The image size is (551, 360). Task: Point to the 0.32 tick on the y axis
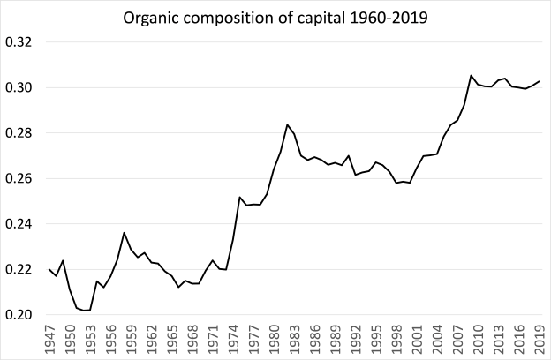point(19,42)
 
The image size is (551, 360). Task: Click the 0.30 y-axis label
point(19,87)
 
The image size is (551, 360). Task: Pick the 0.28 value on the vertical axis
point(19,133)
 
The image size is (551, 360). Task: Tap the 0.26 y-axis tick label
point(19,178)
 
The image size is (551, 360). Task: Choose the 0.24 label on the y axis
point(19,224)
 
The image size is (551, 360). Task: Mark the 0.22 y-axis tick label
point(19,269)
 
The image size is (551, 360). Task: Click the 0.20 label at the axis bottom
point(19,315)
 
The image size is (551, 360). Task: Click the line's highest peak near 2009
point(472,76)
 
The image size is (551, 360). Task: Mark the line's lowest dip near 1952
point(84,311)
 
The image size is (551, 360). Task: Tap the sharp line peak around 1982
point(287,125)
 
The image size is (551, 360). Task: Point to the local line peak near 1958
point(124,233)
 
